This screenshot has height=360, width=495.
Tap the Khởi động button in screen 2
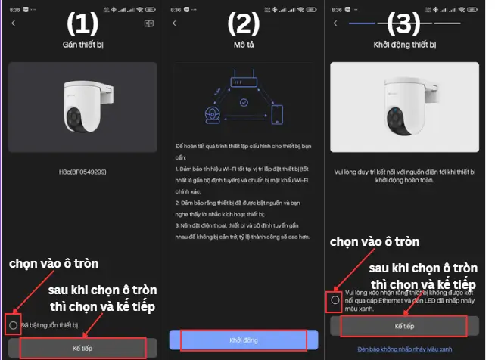(x=244, y=340)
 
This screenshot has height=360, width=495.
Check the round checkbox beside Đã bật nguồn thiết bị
(x=14, y=324)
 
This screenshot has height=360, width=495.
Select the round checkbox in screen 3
(x=335, y=299)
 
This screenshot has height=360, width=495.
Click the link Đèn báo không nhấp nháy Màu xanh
(x=405, y=349)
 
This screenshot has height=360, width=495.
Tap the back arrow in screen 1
(x=13, y=23)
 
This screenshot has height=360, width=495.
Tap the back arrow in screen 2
(x=175, y=23)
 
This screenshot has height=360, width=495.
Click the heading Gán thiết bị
(x=82, y=45)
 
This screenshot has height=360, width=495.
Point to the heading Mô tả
(x=244, y=45)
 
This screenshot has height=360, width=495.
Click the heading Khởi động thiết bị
(x=405, y=45)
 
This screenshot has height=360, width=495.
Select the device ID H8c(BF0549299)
(x=82, y=173)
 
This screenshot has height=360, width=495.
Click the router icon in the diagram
(x=244, y=77)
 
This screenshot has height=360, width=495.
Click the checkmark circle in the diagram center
(x=244, y=102)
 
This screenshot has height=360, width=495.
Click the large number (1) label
(x=82, y=24)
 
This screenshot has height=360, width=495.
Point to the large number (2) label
(x=244, y=24)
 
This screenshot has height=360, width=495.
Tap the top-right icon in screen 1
(x=149, y=23)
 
